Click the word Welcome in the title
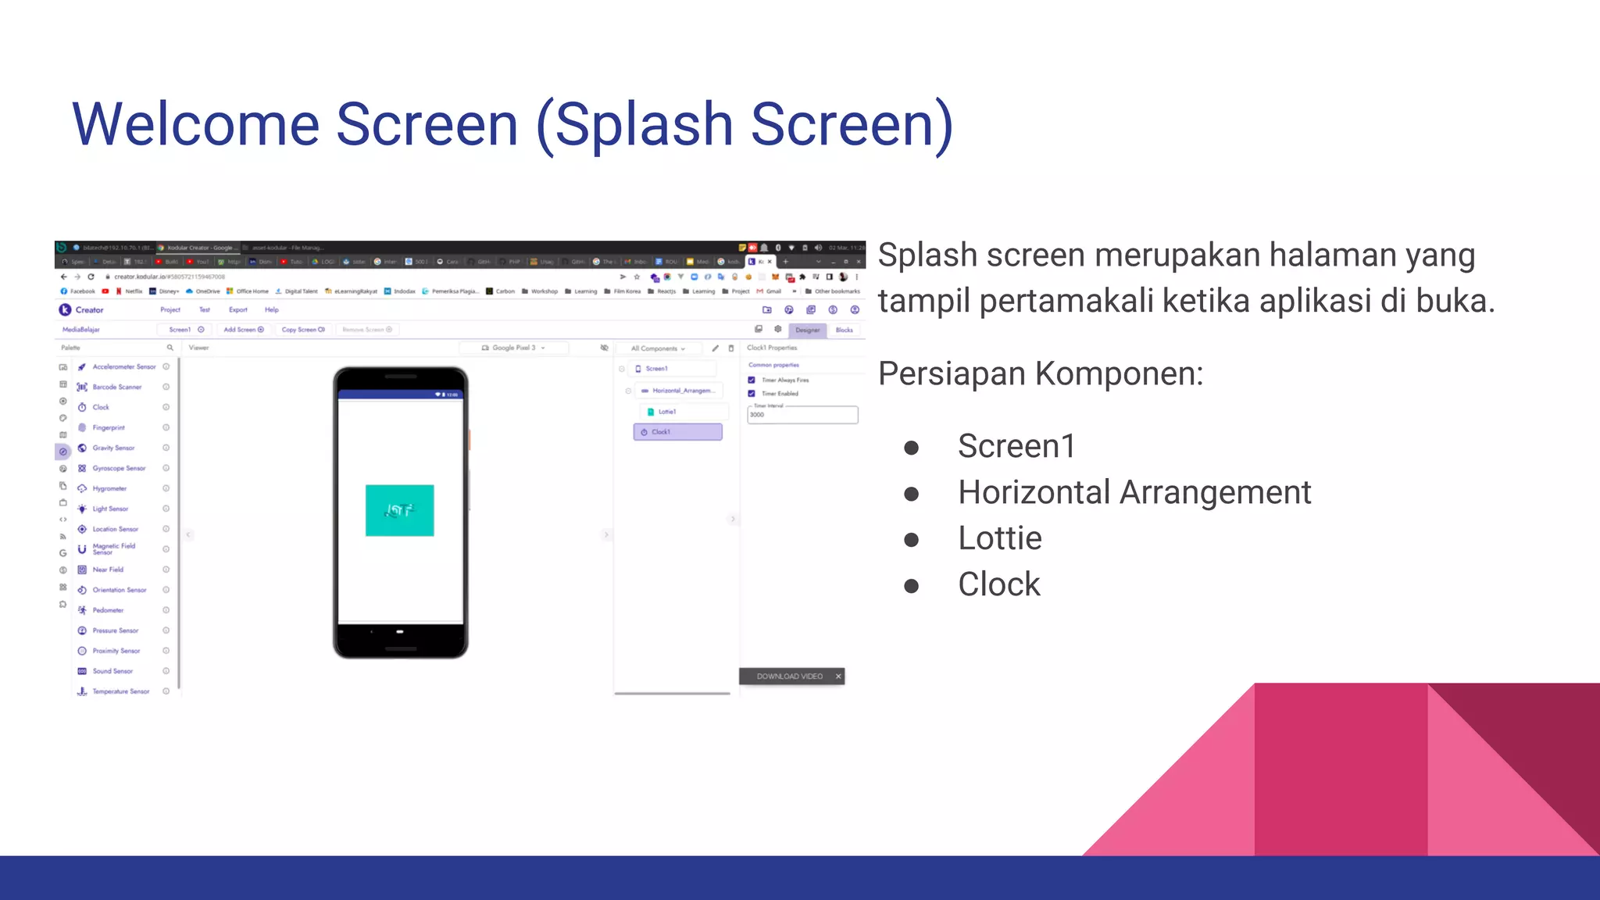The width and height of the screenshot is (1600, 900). [195, 125]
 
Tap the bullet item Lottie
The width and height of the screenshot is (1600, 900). [999, 538]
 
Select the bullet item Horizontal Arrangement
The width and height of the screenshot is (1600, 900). [1134, 492]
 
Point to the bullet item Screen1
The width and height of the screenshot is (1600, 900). [1016, 446]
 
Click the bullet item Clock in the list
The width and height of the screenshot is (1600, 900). [998, 584]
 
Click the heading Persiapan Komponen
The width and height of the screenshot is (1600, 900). [1040, 373]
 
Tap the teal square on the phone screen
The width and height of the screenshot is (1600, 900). [399, 510]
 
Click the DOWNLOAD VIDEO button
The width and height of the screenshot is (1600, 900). [789, 677]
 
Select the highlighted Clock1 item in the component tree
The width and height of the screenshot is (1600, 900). [677, 432]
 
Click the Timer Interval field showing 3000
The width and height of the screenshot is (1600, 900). [802, 415]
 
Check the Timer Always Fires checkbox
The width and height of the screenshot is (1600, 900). [752, 380]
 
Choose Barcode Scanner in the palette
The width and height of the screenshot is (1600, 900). [116, 387]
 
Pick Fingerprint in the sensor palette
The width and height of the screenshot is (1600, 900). [108, 427]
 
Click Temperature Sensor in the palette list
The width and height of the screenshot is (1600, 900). [120, 691]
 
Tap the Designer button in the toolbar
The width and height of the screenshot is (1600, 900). [807, 330]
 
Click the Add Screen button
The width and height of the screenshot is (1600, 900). [243, 330]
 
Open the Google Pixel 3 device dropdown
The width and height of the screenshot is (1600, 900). [513, 348]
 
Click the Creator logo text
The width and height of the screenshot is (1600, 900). [89, 310]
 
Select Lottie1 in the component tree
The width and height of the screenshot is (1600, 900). [666, 412]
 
